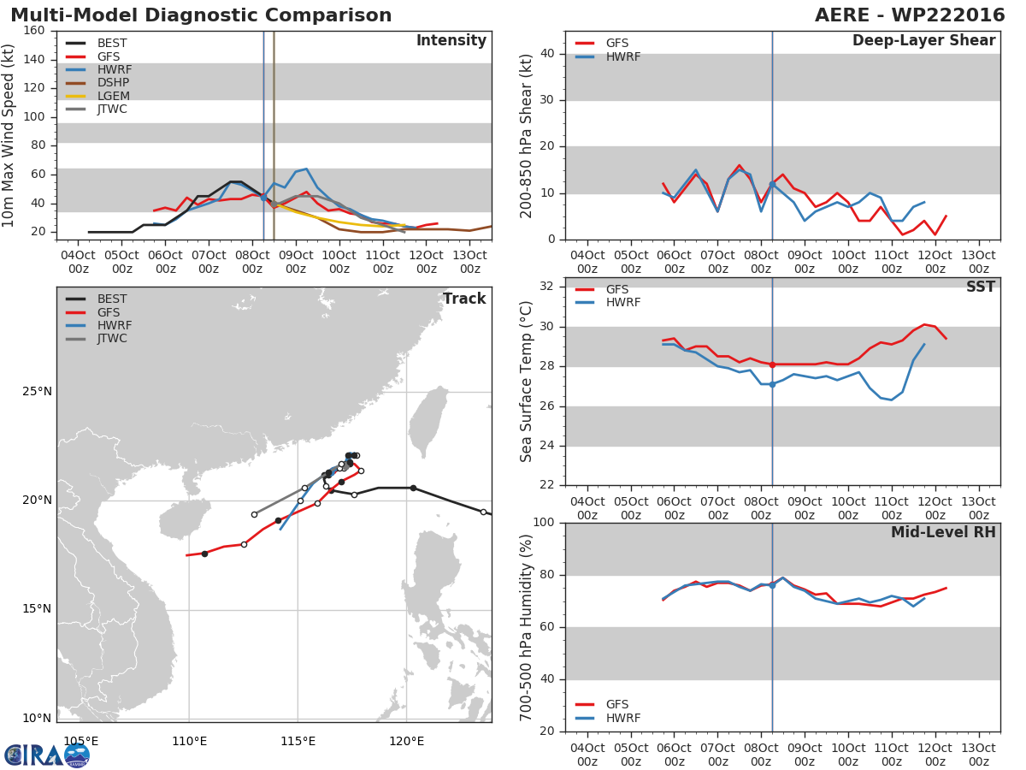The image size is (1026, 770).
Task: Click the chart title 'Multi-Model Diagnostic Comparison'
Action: (201, 15)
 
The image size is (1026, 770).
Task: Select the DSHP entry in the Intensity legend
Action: (113, 83)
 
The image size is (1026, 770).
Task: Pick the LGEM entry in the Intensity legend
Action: (113, 96)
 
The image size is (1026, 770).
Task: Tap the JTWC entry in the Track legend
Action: (112, 339)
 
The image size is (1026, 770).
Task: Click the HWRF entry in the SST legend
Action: (622, 303)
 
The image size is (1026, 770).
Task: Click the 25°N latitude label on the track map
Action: (37, 392)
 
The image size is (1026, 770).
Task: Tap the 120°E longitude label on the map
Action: (406, 741)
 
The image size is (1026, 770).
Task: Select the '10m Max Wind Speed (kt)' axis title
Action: (9, 135)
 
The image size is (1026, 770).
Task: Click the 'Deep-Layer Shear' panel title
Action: (923, 41)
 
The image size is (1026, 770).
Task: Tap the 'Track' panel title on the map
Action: (463, 299)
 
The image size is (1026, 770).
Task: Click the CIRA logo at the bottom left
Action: (47, 755)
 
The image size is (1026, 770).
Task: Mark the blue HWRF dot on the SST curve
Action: (772, 384)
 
